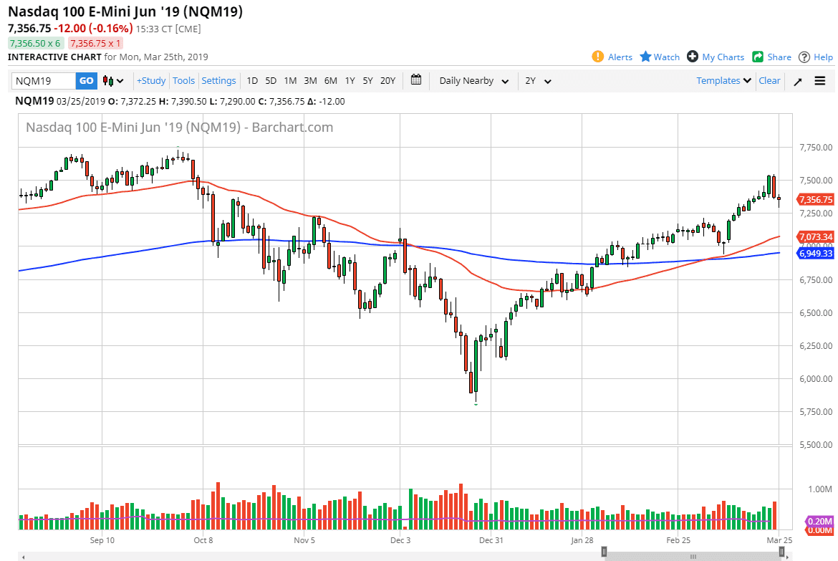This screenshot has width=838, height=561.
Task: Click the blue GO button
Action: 86,81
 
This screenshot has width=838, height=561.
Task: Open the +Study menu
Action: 151,81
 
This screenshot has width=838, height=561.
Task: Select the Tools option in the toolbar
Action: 183,81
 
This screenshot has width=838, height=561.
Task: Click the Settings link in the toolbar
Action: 218,81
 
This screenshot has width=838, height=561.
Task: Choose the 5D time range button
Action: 271,81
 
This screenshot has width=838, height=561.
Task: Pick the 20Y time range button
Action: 387,81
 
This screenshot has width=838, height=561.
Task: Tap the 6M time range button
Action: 330,81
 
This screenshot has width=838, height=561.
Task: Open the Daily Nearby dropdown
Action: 473,81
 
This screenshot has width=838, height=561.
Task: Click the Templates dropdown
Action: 723,81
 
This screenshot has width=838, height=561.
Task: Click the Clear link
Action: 769,81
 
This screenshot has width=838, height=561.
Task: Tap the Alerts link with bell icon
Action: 612,57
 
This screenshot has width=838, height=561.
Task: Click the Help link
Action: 816,57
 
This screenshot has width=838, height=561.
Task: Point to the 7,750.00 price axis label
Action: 815,148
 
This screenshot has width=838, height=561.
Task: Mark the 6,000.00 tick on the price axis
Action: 815,378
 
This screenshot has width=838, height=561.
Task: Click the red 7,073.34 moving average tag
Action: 817,237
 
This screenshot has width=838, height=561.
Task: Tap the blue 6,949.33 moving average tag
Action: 817,254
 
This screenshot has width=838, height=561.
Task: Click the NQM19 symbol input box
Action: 44,81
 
